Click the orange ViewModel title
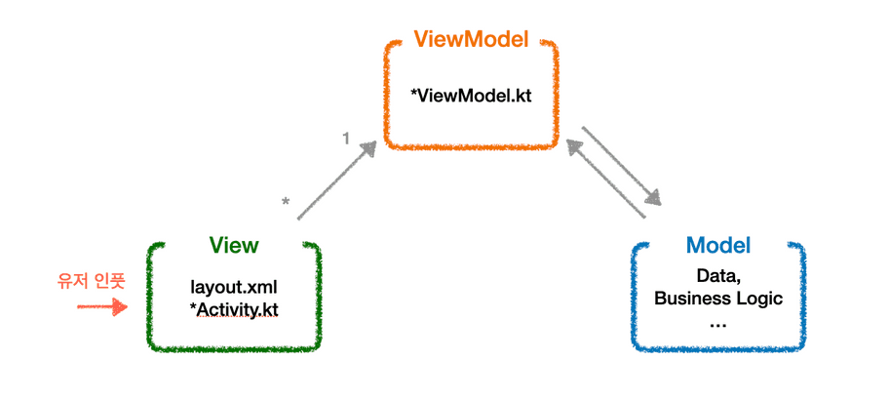click(471, 39)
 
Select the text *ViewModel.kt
click(471, 96)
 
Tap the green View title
click(234, 245)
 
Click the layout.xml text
click(234, 289)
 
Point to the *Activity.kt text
click(234, 310)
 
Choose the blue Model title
click(718, 245)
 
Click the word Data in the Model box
click(716, 277)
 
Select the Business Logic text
click(718, 299)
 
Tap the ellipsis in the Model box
click(718, 322)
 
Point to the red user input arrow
click(101, 307)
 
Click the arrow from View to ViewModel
click(334, 181)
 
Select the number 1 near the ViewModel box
click(345, 139)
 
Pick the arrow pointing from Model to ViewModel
click(604, 181)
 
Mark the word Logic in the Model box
click(760, 299)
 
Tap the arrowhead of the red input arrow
click(120, 307)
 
